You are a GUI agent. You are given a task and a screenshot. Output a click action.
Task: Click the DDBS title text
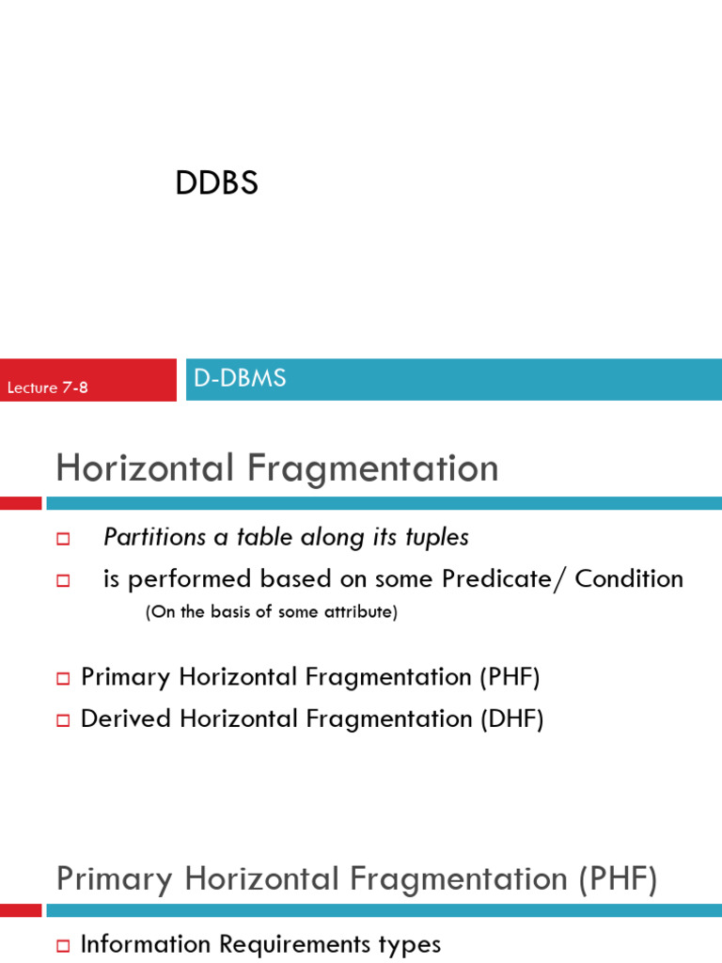(x=216, y=183)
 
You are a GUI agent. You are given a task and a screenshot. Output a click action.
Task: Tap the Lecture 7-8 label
(x=48, y=387)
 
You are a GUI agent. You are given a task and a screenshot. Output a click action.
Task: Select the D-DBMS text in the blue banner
(x=240, y=378)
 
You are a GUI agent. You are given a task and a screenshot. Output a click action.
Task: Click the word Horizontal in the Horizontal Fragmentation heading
(x=144, y=468)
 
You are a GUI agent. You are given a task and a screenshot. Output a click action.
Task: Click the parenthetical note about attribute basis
(x=272, y=612)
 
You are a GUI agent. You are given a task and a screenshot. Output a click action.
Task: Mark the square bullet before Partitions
(x=64, y=539)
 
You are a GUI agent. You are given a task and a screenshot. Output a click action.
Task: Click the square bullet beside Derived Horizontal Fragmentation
(x=64, y=720)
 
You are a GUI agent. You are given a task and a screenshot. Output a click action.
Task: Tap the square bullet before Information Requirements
(x=64, y=945)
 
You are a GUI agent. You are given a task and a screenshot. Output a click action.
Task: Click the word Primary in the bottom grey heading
(x=116, y=879)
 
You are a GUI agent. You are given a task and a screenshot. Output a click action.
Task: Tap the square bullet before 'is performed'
(x=64, y=580)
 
